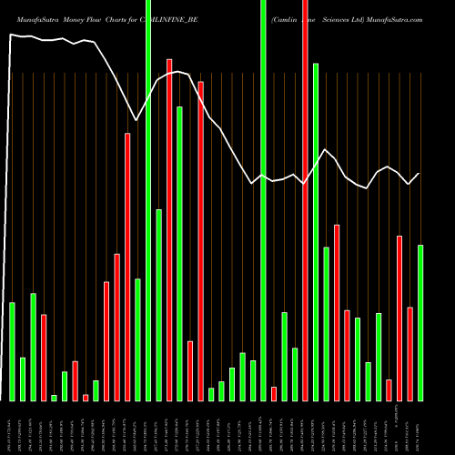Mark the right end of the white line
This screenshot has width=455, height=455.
tap(420, 173)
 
